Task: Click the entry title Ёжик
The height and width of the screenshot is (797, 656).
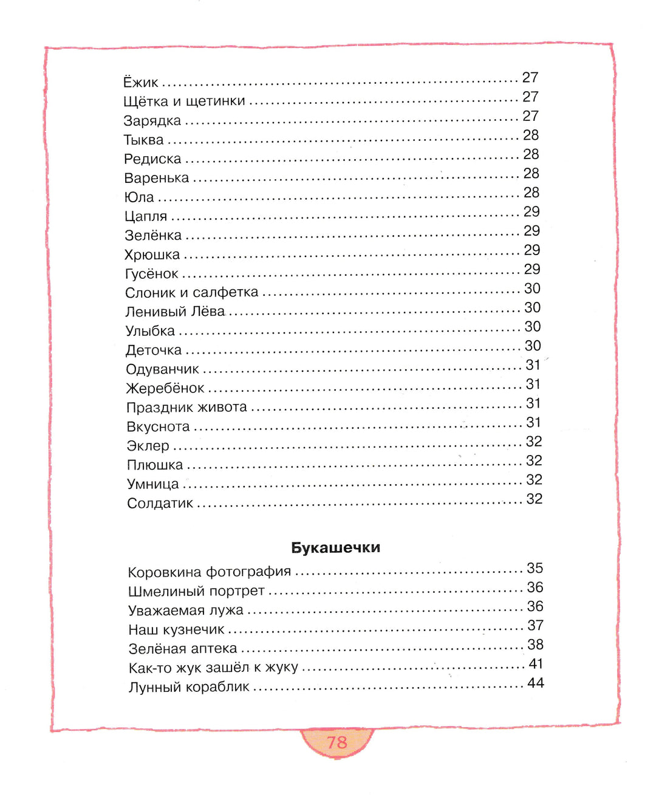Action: coord(141,82)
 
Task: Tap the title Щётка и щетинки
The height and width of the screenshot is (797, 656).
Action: coord(184,101)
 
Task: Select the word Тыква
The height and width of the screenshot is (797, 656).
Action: coord(144,140)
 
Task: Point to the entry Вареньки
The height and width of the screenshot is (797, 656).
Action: coord(157,178)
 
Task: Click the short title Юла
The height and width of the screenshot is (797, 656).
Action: coord(139,197)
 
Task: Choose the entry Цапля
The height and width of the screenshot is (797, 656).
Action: coord(146,216)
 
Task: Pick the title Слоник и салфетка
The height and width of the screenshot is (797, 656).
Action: coord(192,293)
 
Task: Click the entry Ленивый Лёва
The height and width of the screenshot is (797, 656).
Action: coord(175,312)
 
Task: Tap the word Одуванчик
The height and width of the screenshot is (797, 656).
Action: coord(162,369)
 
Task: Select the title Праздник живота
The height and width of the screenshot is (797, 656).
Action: coord(186,408)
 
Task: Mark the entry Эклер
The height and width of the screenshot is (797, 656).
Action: coord(148,446)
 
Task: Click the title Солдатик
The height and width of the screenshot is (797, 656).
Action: coord(160,504)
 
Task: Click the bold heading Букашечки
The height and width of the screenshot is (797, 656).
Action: coord(336,547)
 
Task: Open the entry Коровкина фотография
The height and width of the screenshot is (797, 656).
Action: coord(210,572)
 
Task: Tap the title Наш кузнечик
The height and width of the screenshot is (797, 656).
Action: coord(176,629)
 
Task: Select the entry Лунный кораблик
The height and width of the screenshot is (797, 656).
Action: coord(189,687)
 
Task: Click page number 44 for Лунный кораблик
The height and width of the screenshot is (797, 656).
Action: coord(535,683)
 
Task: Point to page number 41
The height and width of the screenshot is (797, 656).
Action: coord(535,664)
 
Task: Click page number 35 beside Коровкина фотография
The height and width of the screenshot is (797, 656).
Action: coord(535,568)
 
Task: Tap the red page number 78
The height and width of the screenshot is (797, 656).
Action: coord(337,742)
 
